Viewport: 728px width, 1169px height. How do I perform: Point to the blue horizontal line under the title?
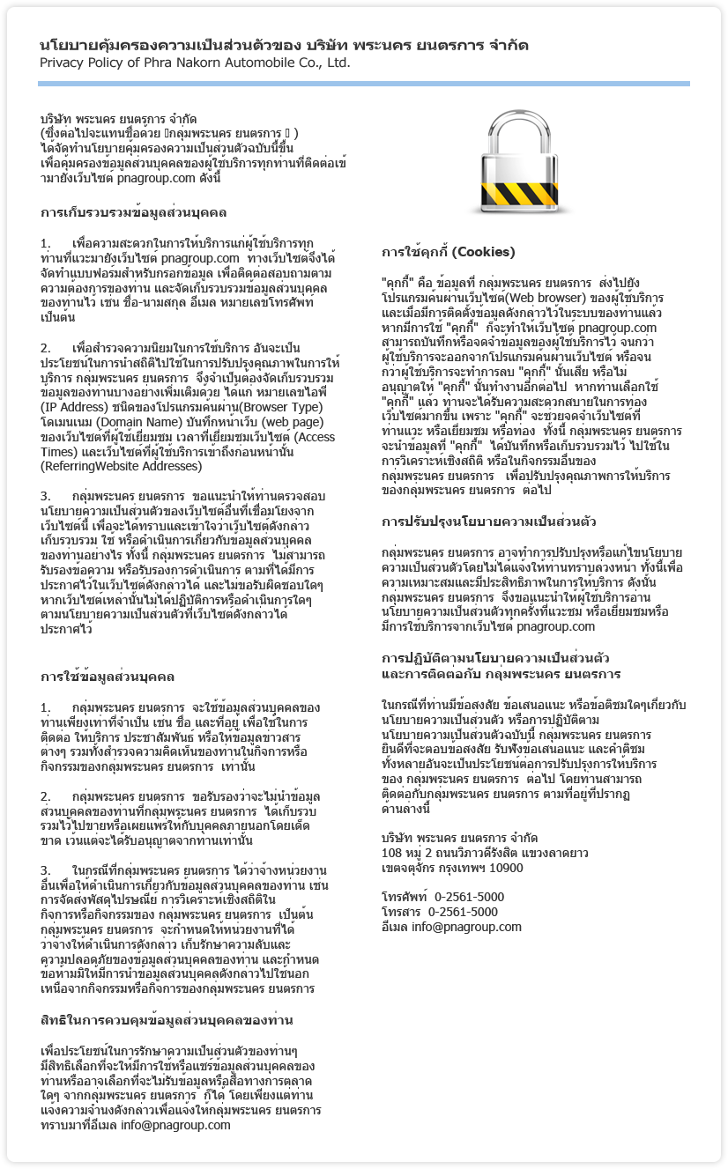tap(363, 84)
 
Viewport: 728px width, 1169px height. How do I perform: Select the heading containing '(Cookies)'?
tap(448, 252)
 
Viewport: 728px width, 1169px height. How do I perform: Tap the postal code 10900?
tap(506, 868)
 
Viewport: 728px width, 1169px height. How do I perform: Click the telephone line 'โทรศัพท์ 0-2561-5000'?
tap(442, 897)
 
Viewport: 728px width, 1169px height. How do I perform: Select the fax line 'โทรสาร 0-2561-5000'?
tap(439, 912)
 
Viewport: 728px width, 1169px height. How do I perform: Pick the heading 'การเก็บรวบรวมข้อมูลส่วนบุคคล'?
tap(133, 213)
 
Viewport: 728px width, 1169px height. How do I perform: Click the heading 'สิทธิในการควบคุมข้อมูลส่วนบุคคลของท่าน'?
tap(167, 1020)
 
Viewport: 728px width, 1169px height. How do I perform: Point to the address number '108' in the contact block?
tap(391, 853)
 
